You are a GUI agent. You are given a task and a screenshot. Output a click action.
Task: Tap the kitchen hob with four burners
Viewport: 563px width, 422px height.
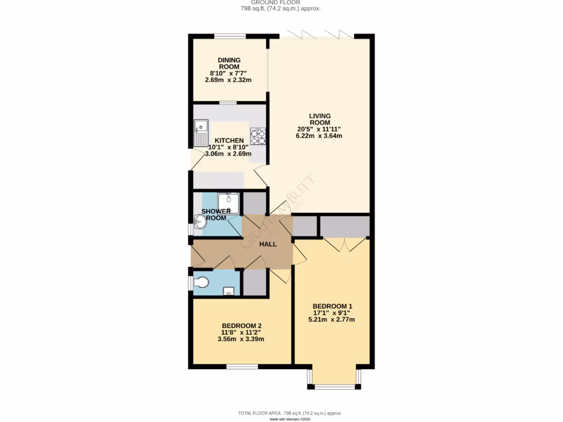click(257, 135)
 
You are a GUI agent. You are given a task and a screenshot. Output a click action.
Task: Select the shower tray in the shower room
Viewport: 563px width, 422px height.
click(228, 203)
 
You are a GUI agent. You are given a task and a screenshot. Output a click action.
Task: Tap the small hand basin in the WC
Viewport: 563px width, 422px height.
click(229, 291)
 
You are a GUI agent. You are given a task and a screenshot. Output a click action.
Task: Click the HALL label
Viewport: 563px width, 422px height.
click(268, 244)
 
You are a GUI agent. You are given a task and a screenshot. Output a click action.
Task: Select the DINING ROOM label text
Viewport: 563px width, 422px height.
click(229, 63)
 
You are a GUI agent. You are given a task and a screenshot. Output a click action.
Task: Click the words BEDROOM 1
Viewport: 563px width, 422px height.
click(332, 306)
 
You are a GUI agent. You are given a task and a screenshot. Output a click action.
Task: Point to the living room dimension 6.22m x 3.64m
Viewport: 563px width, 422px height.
click(319, 136)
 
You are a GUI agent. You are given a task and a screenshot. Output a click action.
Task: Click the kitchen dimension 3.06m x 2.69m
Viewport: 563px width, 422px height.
click(228, 154)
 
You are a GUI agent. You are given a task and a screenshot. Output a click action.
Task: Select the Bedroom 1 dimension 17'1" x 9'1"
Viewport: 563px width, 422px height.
click(332, 313)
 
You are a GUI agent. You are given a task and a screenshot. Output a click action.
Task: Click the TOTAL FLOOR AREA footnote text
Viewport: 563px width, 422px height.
click(290, 413)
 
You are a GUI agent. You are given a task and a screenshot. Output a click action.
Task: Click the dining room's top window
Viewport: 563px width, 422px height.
click(230, 36)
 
